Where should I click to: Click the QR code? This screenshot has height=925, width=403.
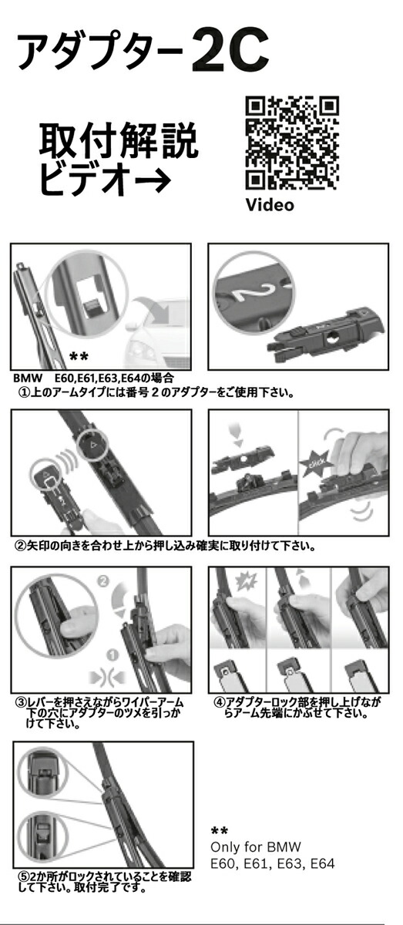[x=292, y=143]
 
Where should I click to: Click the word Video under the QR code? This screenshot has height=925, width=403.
[x=270, y=204]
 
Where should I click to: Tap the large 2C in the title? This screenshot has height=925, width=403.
[x=230, y=50]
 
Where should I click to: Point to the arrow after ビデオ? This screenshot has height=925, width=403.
[x=153, y=179]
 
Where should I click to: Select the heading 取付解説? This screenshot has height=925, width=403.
[x=119, y=141]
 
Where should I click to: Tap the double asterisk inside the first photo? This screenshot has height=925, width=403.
[x=79, y=356]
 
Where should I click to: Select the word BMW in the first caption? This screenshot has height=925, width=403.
[x=28, y=378]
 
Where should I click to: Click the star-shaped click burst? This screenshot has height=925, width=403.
[x=317, y=462]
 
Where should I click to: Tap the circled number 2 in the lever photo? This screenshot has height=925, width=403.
[x=103, y=581]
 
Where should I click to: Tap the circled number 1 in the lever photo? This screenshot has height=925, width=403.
[x=113, y=654]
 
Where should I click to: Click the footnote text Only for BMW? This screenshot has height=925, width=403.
[x=256, y=846]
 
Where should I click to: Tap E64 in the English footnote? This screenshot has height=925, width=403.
[x=323, y=863]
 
